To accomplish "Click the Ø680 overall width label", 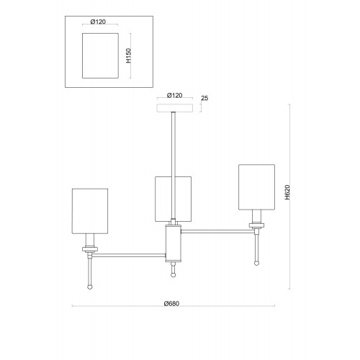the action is pyautogui.click(x=171, y=304).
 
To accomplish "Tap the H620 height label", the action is pyautogui.click(x=287, y=192).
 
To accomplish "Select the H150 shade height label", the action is pyautogui.click(x=129, y=55).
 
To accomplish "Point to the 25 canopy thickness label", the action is pyautogui.click(x=204, y=98).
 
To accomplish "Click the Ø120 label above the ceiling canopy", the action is pyautogui.click(x=174, y=95).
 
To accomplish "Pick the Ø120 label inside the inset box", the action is pyautogui.click(x=98, y=22).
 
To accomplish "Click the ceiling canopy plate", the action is pyautogui.click(x=174, y=108).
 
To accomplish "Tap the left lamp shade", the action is pyautogui.click(x=90, y=211).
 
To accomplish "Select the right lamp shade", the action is pyautogui.click(x=256, y=187).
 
